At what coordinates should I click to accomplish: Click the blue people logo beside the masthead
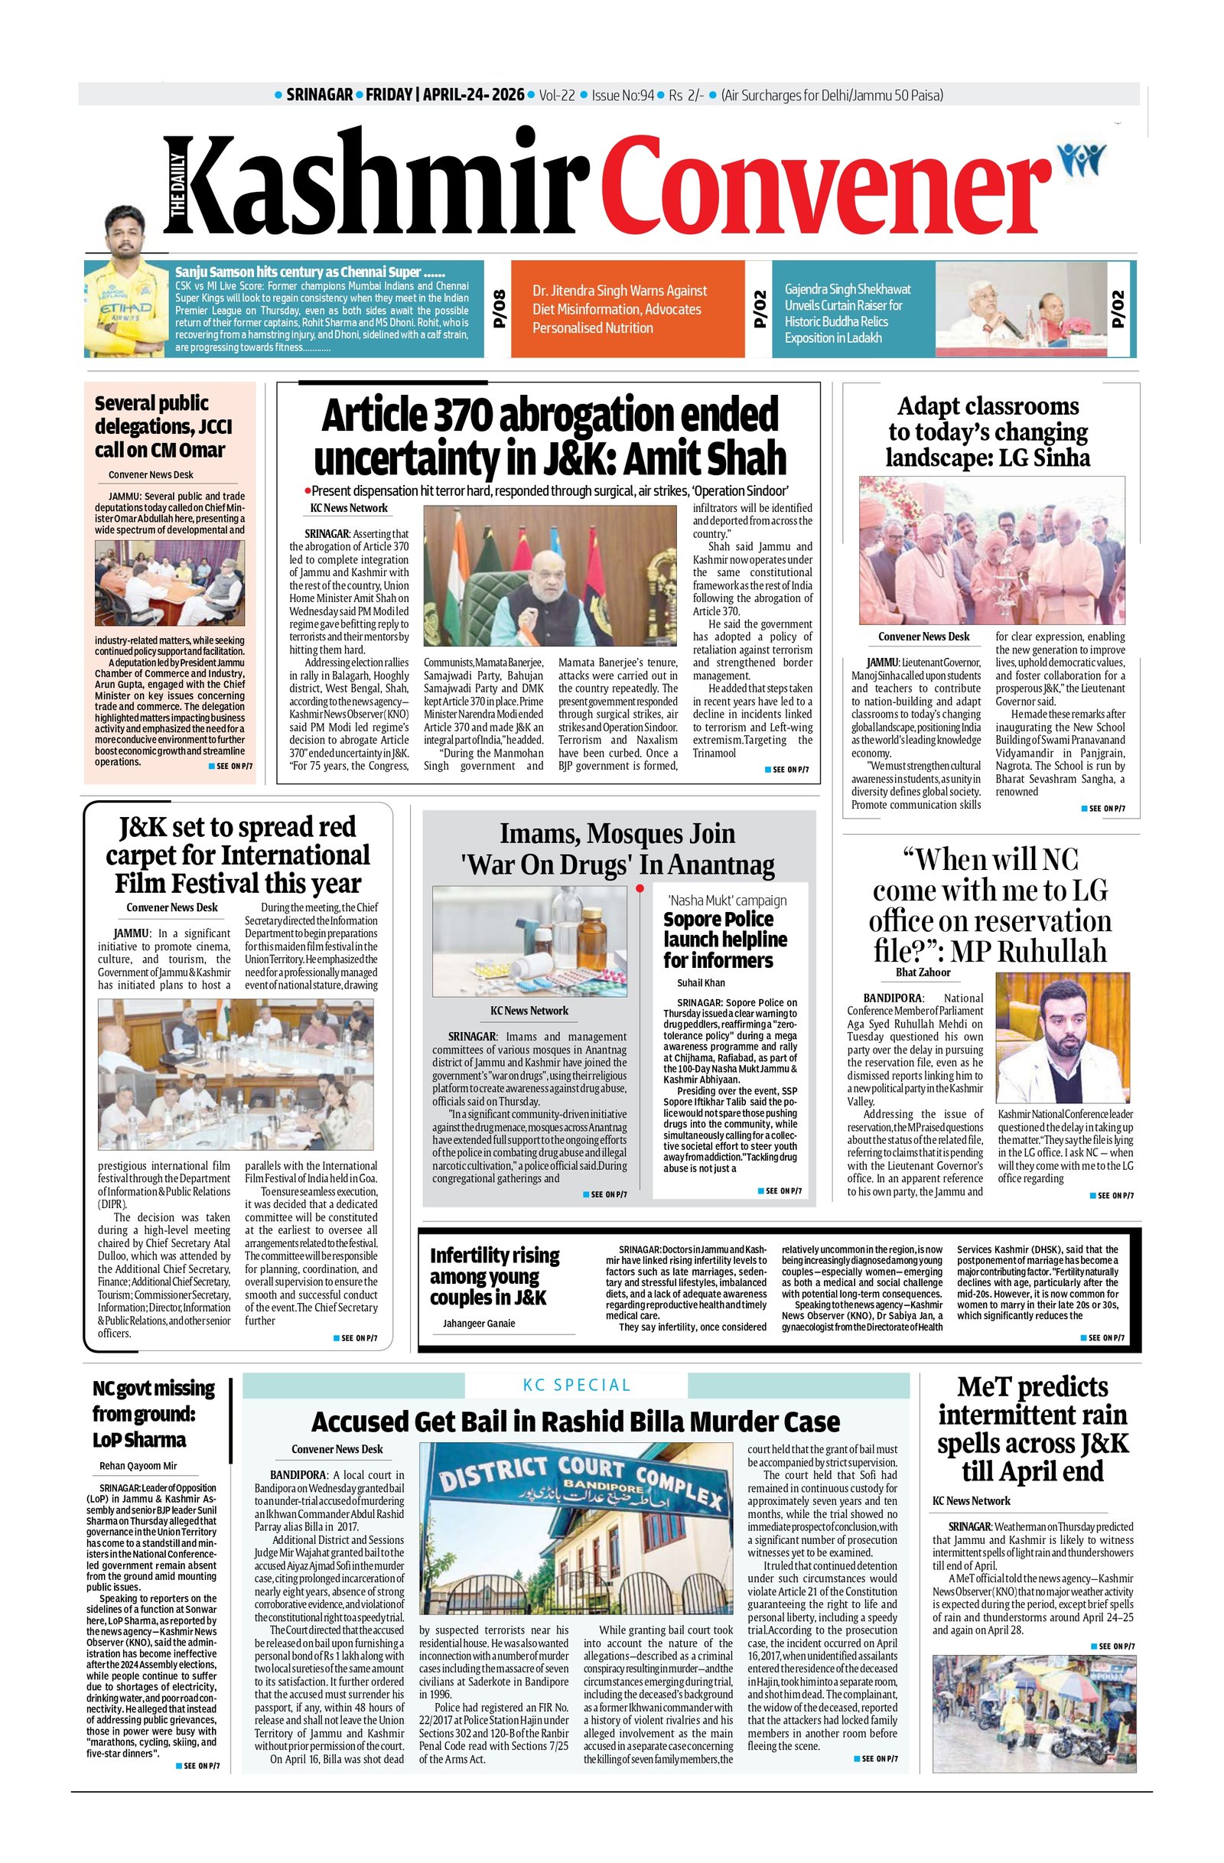tap(1082, 159)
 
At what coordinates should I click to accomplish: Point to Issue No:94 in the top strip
tap(622, 96)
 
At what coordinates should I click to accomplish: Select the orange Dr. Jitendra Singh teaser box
tap(627, 309)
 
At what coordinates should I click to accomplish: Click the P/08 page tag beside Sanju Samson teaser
tap(499, 310)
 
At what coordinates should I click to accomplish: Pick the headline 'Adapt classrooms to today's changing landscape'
tap(988, 432)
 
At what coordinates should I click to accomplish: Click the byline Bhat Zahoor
tap(923, 972)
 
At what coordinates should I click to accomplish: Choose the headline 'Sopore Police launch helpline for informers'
tap(724, 940)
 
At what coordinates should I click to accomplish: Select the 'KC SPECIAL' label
tap(576, 1385)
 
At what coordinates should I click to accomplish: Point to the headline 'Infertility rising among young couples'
tap(495, 1276)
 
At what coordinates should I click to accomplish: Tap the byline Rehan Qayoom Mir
tap(138, 1466)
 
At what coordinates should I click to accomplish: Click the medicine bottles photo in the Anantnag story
tap(530, 940)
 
